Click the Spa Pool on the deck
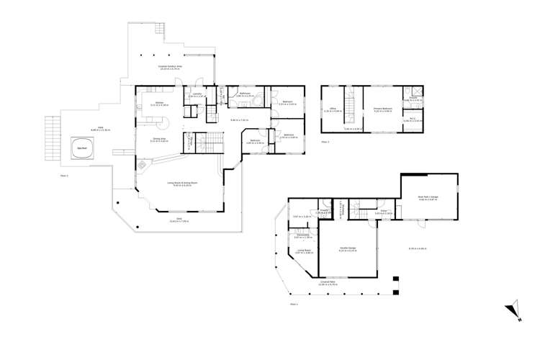(82, 149)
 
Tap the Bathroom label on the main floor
(244, 94)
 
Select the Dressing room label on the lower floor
(302, 235)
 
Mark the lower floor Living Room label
(303, 252)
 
